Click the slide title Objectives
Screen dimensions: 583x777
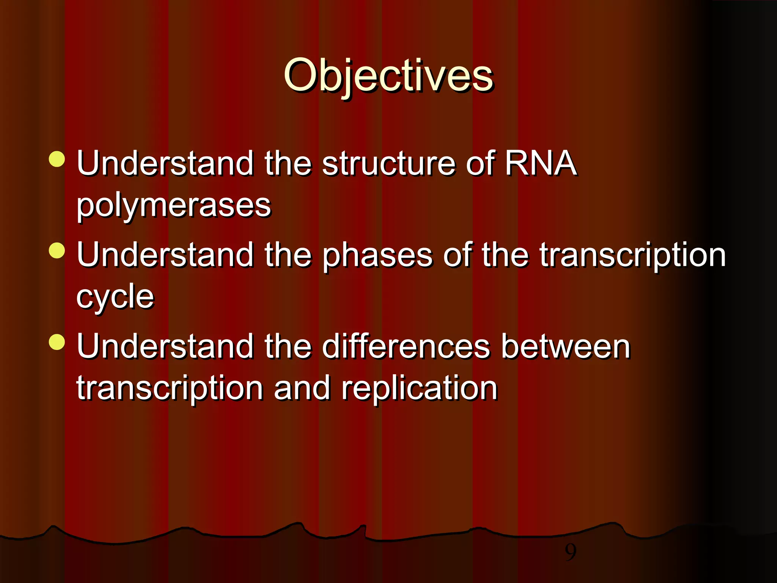tap(388, 76)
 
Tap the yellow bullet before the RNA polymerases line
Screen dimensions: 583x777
tap(57, 159)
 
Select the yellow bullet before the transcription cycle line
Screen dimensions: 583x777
tap(57, 251)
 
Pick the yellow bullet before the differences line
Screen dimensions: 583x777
tap(57, 342)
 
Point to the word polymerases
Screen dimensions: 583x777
tap(174, 205)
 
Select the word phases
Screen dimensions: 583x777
tap(377, 255)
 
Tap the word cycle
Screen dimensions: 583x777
tap(115, 296)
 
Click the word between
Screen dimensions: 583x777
tap(565, 346)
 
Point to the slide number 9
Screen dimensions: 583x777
tap(570, 552)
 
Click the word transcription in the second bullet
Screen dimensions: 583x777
tap(632, 255)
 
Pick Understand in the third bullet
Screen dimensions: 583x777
tap(165, 346)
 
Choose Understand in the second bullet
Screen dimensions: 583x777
tap(165, 255)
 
